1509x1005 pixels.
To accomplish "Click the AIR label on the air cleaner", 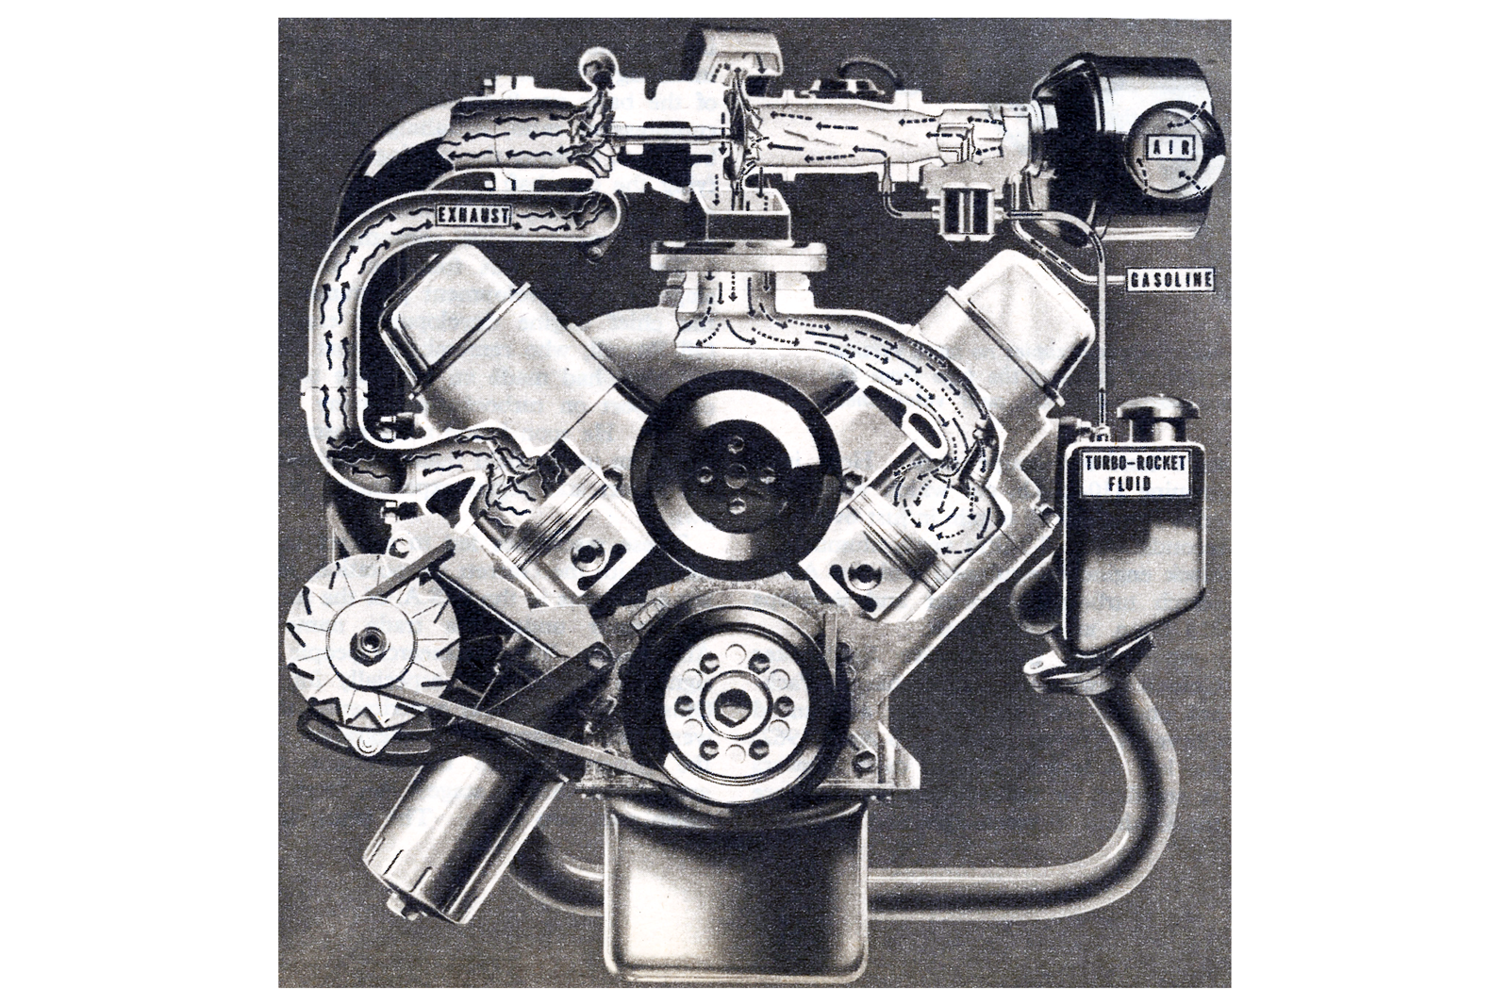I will tap(1168, 147).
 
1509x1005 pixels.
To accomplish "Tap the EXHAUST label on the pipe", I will tap(473, 216).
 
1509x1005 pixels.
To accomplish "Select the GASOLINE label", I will tap(1170, 279).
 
